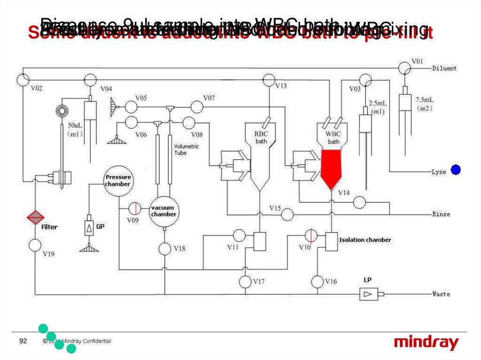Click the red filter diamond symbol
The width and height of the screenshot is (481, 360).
click(35, 217)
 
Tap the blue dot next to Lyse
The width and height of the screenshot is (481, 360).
click(455, 170)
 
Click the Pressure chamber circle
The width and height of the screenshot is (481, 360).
click(117, 181)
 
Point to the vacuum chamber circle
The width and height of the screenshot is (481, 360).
click(163, 211)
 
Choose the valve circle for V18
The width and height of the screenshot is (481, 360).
click(164, 249)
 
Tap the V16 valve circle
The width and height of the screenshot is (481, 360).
click(318, 282)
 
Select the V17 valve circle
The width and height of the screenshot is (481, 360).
click(245, 282)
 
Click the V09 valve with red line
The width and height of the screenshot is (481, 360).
click(135, 208)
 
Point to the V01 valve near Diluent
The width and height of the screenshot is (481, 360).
click(403, 68)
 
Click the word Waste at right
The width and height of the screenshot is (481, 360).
click(441, 294)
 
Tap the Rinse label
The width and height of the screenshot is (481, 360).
click(441, 214)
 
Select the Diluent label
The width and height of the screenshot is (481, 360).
click(444, 69)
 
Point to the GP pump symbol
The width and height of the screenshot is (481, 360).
click(89, 228)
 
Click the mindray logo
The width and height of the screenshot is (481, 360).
click(426, 343)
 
